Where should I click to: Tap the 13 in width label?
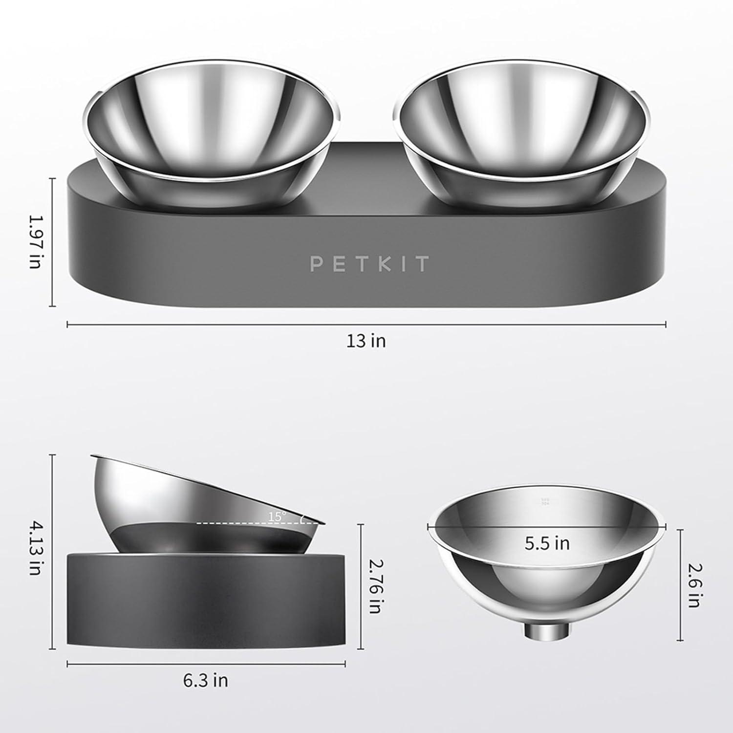tap(366, 341)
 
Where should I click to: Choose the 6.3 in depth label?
tap(206, 681)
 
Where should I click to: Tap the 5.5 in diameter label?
tap(547, 543)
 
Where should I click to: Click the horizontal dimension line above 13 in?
tap(366, 323)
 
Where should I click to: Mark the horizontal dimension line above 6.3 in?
tap(206, 664)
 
